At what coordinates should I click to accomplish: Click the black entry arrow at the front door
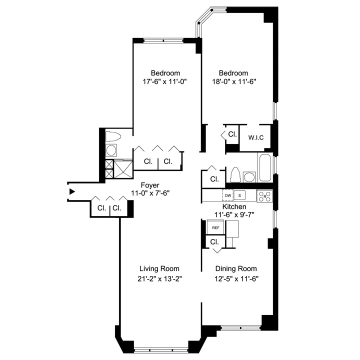point(72,191)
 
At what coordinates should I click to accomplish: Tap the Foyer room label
point(150,184)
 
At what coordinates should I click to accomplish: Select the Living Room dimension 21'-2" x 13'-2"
point(159,278)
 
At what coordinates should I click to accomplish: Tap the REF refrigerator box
point(215,228)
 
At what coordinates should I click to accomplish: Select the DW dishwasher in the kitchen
point(228,195)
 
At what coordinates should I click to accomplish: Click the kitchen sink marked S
point(239,195)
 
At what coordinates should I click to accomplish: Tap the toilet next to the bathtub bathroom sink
point(235,175)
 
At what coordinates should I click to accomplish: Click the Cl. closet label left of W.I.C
point(232,134)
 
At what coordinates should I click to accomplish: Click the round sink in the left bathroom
point(112,150)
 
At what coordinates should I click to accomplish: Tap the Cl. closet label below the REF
point(214,241)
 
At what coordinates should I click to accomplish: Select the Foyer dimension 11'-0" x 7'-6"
point(150,193)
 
